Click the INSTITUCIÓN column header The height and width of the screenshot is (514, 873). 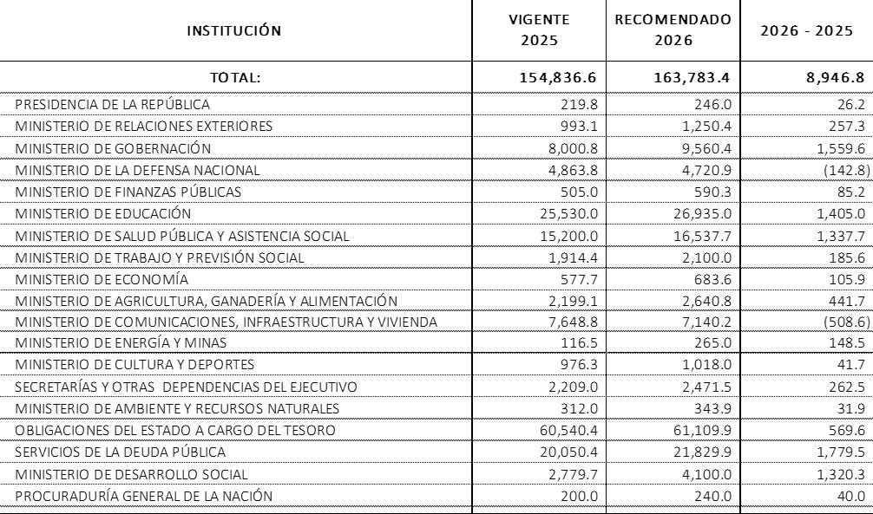(x=234, y=31)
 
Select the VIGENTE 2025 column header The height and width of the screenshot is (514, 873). (x=539, y=29)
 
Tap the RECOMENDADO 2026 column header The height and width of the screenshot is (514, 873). (x=672, y=29)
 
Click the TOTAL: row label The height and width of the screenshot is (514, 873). (x=234, y=77)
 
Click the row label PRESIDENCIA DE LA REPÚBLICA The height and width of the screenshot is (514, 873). (x=113, y=105)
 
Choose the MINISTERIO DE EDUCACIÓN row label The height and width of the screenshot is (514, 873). (x=103, y=213)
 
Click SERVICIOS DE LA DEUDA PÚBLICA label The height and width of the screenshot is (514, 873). (x=121, y=452)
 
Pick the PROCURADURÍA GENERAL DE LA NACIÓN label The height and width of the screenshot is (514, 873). (x=144, y=496)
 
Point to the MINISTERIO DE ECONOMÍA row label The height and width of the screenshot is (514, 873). (x=102, y=279)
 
